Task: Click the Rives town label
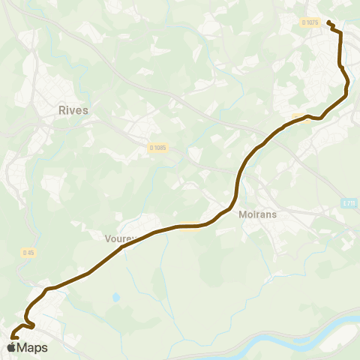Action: (73, 110)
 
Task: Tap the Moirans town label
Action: (258, 214)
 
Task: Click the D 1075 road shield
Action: (310, 23)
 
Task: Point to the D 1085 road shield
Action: (157, 148)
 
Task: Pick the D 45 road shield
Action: (28, 253)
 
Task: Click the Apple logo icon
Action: (12, 348)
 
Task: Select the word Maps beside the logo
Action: (33, 348)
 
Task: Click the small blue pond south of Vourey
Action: (115, 297)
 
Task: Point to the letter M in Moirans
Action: (241, 214)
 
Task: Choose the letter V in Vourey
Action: (108, 238)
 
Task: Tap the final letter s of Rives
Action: (85, 110)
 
